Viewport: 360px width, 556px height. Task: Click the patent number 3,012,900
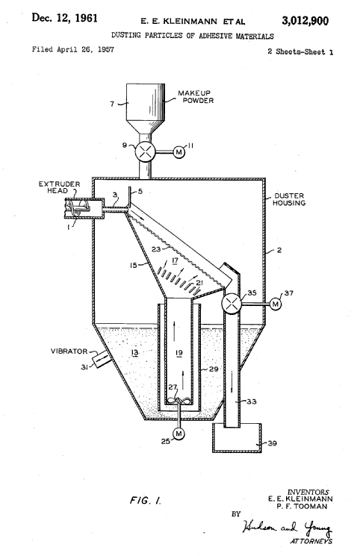pos(305,21)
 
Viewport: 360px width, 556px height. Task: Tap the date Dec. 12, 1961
pos(65,18)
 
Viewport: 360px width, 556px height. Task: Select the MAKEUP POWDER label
pos(196,96)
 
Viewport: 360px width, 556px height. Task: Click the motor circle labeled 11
pos(179,152)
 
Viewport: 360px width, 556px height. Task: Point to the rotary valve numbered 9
pos(145,152)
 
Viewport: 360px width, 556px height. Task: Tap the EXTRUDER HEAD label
pos(59,187)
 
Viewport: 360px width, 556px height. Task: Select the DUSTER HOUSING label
pos(289,199)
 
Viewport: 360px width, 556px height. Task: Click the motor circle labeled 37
pos(276,304)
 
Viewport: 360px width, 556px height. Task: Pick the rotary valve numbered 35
pos(232,304)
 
